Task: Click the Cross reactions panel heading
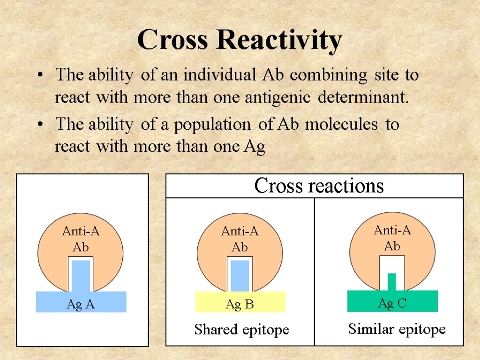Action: click(x=319, y=186)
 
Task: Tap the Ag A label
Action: click(x=81, y=305)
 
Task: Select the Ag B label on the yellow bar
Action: click(x=240, y=305)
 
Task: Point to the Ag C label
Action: click(x=392, y=304)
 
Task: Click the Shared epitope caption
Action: click(x=241, y=330)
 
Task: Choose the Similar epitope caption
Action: click(x=397, y=330)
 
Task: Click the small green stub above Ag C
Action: click(x=392, y=282)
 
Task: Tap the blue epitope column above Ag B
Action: click(x=240, y=276)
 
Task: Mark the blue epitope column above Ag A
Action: click(x=81, y=276)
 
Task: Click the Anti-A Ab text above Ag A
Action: click(x=81, y=239)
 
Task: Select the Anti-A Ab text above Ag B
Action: click(x=240, y=239)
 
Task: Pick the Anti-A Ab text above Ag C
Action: click(x=392, y=238)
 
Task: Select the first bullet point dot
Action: click(x=42, y=75)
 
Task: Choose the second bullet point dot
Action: click(x=42, y=125)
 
